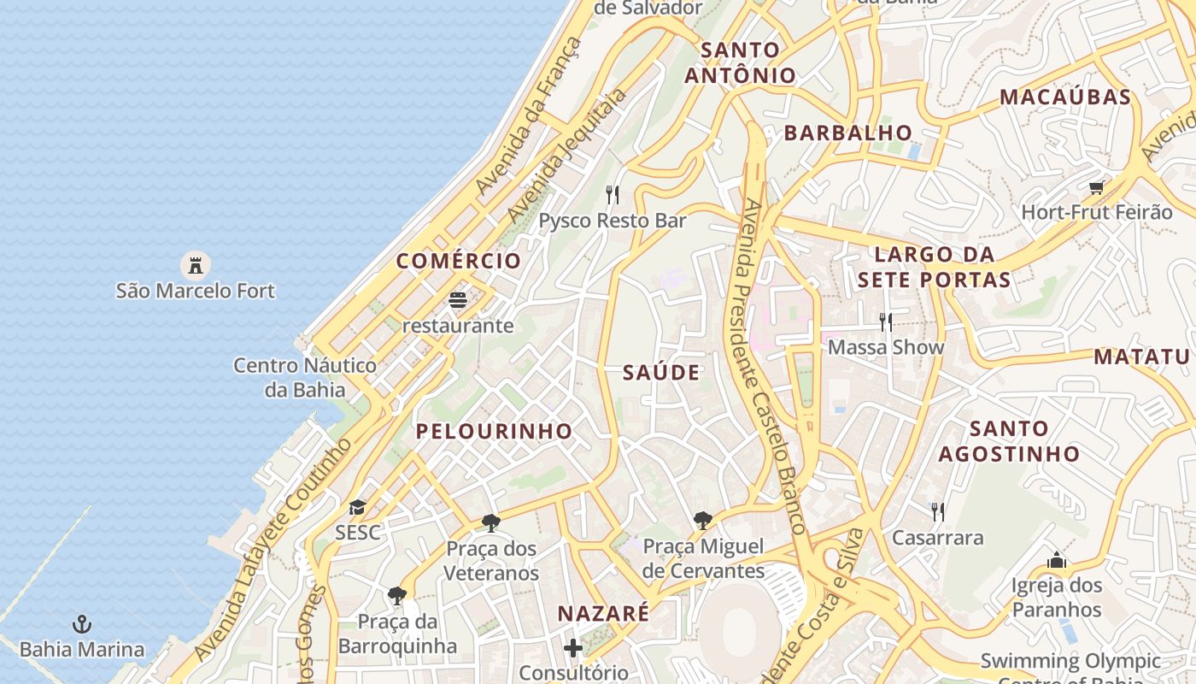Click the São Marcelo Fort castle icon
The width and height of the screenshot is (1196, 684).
tap(196, 264)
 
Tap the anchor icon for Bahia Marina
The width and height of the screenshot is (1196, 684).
tap(82, 624)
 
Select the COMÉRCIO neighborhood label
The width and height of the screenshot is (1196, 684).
tap(459, 262)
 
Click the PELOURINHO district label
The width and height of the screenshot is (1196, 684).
tap(494, 431)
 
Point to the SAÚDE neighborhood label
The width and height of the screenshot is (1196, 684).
tap(661, 372)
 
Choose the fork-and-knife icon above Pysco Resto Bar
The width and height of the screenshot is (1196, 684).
tap(613, 195)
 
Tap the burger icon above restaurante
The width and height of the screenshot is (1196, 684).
tap(458, 300)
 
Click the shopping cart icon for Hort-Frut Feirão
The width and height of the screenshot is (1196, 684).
tap(1096, 187)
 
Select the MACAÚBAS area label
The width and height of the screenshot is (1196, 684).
tap(1065, 97)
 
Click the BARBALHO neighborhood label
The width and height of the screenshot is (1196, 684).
tap(848, 133)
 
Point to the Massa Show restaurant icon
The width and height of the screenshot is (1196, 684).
tap(886, 321)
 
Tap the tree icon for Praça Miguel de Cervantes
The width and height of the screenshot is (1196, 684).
tap(703, 520)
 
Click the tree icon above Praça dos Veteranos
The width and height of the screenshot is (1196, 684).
tap(491, 522)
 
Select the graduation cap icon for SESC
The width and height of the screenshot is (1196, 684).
tap(357, 508)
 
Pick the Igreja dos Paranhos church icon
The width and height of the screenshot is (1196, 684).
tap(1057, 561)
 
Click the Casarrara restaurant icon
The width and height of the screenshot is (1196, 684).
tap(938, 512)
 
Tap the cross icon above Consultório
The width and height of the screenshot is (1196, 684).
tap(573, 648)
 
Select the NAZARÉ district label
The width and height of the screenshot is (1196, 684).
tap(603, 613)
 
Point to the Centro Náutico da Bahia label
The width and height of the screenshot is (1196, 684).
tap(305, 378)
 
